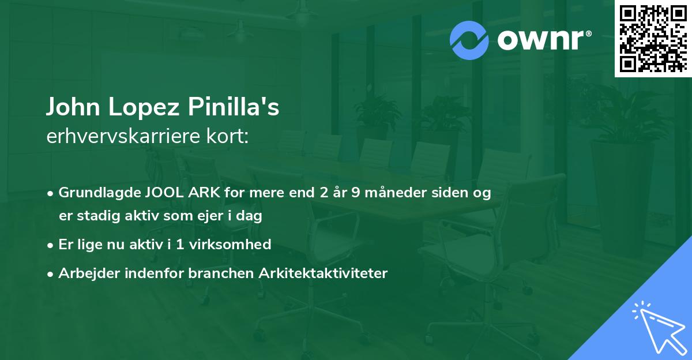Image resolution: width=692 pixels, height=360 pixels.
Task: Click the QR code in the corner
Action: coord(653,39)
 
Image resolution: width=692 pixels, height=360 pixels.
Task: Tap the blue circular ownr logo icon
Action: coord(469,40)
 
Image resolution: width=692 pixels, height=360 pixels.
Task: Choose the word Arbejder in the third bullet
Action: coord(84,273)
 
